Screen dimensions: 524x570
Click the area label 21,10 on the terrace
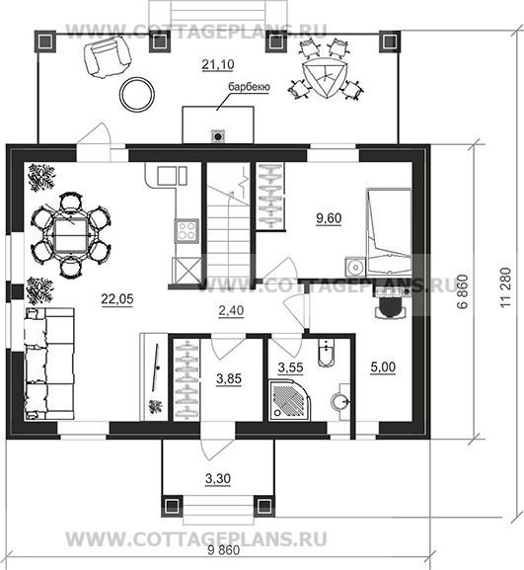[217, 65]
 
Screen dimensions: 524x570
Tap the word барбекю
[249, 87]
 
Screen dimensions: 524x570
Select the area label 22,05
[117, 299]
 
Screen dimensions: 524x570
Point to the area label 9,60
[329, 218]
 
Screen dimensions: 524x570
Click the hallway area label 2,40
[231, 311]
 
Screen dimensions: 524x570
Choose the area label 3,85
[229, 378]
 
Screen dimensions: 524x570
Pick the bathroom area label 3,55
[290, 367]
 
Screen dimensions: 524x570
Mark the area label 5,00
[383, 367]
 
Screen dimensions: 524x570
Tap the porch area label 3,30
[218, 479]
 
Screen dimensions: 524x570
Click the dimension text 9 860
[224, 550]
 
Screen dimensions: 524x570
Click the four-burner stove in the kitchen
[187, 230]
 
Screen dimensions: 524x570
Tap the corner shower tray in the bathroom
[289, 400]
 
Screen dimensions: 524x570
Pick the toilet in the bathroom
[326, 352]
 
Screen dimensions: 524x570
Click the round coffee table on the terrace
[137, 95]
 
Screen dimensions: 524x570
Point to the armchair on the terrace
[107, 58]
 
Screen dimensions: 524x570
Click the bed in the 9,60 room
[389, 231]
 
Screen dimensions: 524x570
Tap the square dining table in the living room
[71, 235]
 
